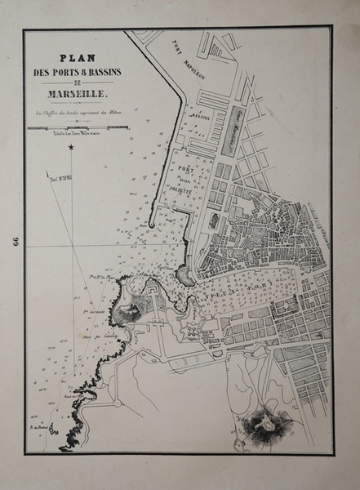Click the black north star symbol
71,147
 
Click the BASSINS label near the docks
200,117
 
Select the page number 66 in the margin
14,243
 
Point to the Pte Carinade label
96,312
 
